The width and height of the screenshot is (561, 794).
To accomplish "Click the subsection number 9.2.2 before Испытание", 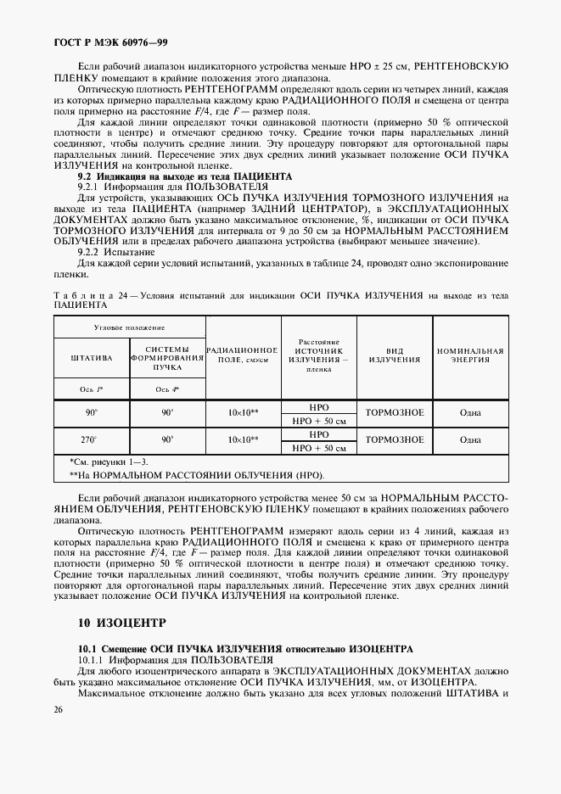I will tap(91, 252).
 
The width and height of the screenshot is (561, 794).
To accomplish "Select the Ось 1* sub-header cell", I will tap(91, 390).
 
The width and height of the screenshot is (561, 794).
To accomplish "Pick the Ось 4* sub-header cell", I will tap(167, 390).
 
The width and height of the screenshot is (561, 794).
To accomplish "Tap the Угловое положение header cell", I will tap(129, 327).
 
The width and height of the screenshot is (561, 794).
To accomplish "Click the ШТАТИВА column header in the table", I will tap(91, 359).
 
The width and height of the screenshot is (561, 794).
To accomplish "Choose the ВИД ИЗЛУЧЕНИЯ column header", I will tap(394, 355).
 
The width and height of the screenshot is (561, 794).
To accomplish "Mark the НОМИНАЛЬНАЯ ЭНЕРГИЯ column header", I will tap(470, 355).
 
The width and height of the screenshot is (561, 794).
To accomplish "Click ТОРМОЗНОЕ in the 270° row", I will tap(394, 439).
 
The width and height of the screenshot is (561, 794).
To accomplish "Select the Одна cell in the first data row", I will tap(470, 413).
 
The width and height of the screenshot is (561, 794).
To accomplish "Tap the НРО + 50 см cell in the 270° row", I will tap(319, 448).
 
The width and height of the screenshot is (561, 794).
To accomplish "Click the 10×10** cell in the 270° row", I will tap(243, 439).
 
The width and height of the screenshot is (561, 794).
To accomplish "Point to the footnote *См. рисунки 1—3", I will tap(108, 461).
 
